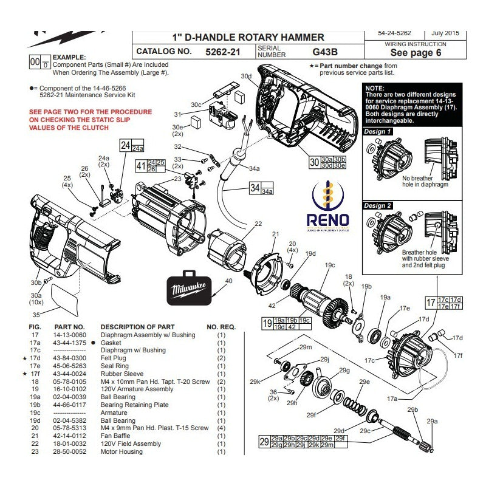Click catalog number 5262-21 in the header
(223, 52)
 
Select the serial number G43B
(325, 52)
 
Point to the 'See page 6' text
(416, 52)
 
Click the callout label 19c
(330, 265)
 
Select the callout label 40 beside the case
(228, 281)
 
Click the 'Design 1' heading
(377, 131)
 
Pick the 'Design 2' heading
(377, 205)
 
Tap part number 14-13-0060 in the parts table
(70, 335)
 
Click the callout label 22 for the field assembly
(258, 224)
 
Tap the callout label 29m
(305, 347)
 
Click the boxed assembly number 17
(431, 303)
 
